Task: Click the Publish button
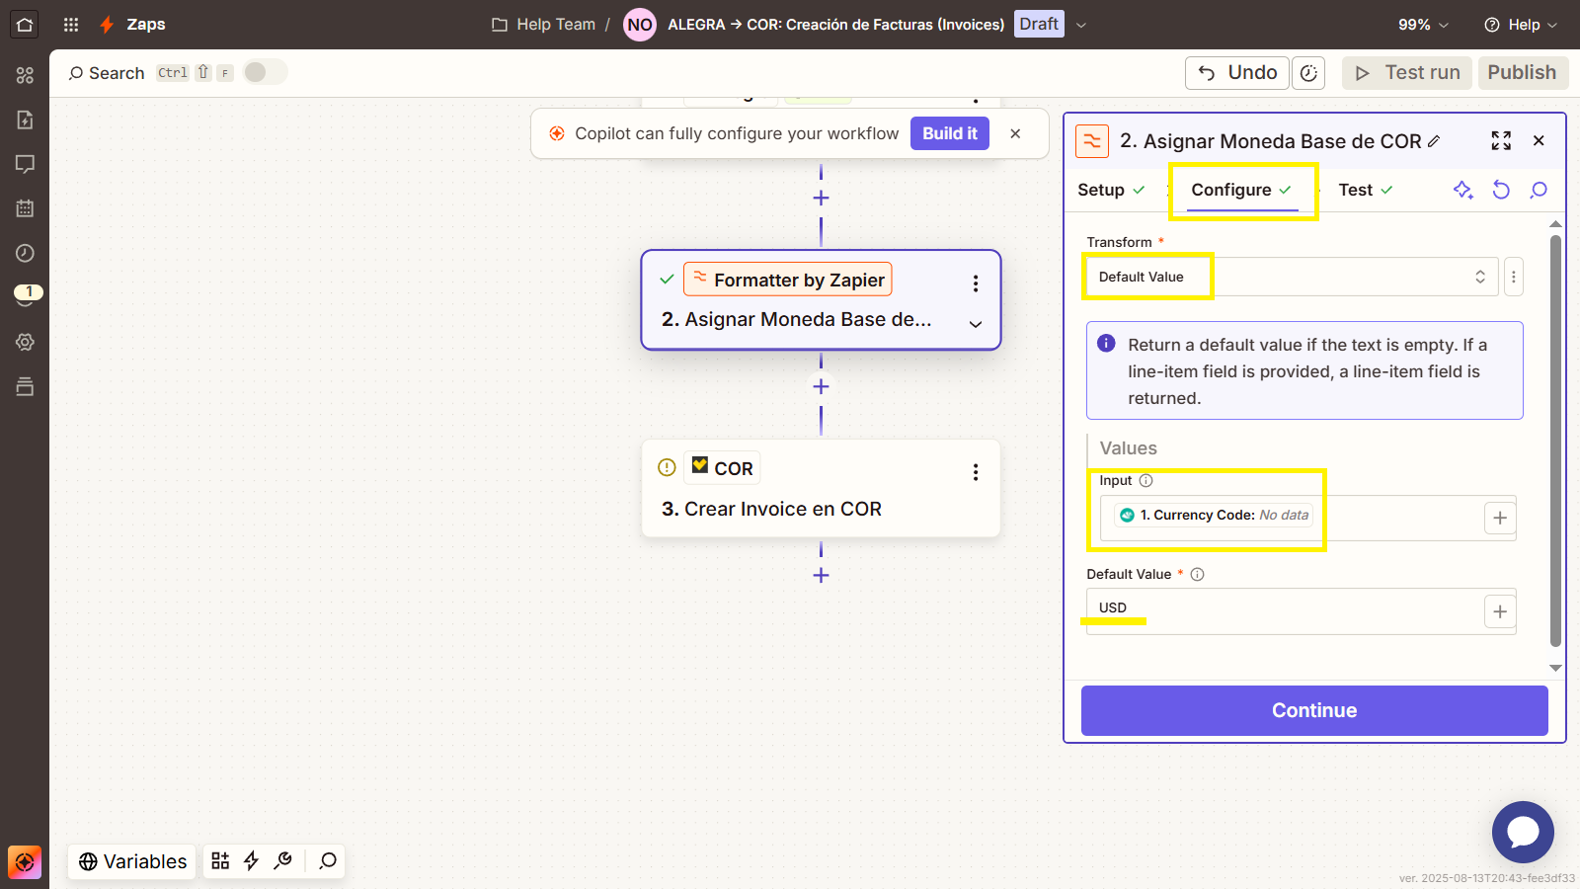tap(1522, 73)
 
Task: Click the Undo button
tap(1237, 73)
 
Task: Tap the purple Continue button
tap(1314, 710)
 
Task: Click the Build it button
tap(949, 133)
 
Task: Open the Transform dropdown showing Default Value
tap(1291, 277)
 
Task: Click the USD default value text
tap(1112, 607)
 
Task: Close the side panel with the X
tap(1539, 140)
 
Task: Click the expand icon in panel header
tap(1501, 140)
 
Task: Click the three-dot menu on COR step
tap(976, 472)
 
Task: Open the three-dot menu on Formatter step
tap(976, 283)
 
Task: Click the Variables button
tap(132, 861)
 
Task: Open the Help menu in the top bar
tap(1521, 25)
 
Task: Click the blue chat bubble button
tap(1523, 832)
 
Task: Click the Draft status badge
tap(1039, 24)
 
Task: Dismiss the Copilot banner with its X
tap(1015, 133)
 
